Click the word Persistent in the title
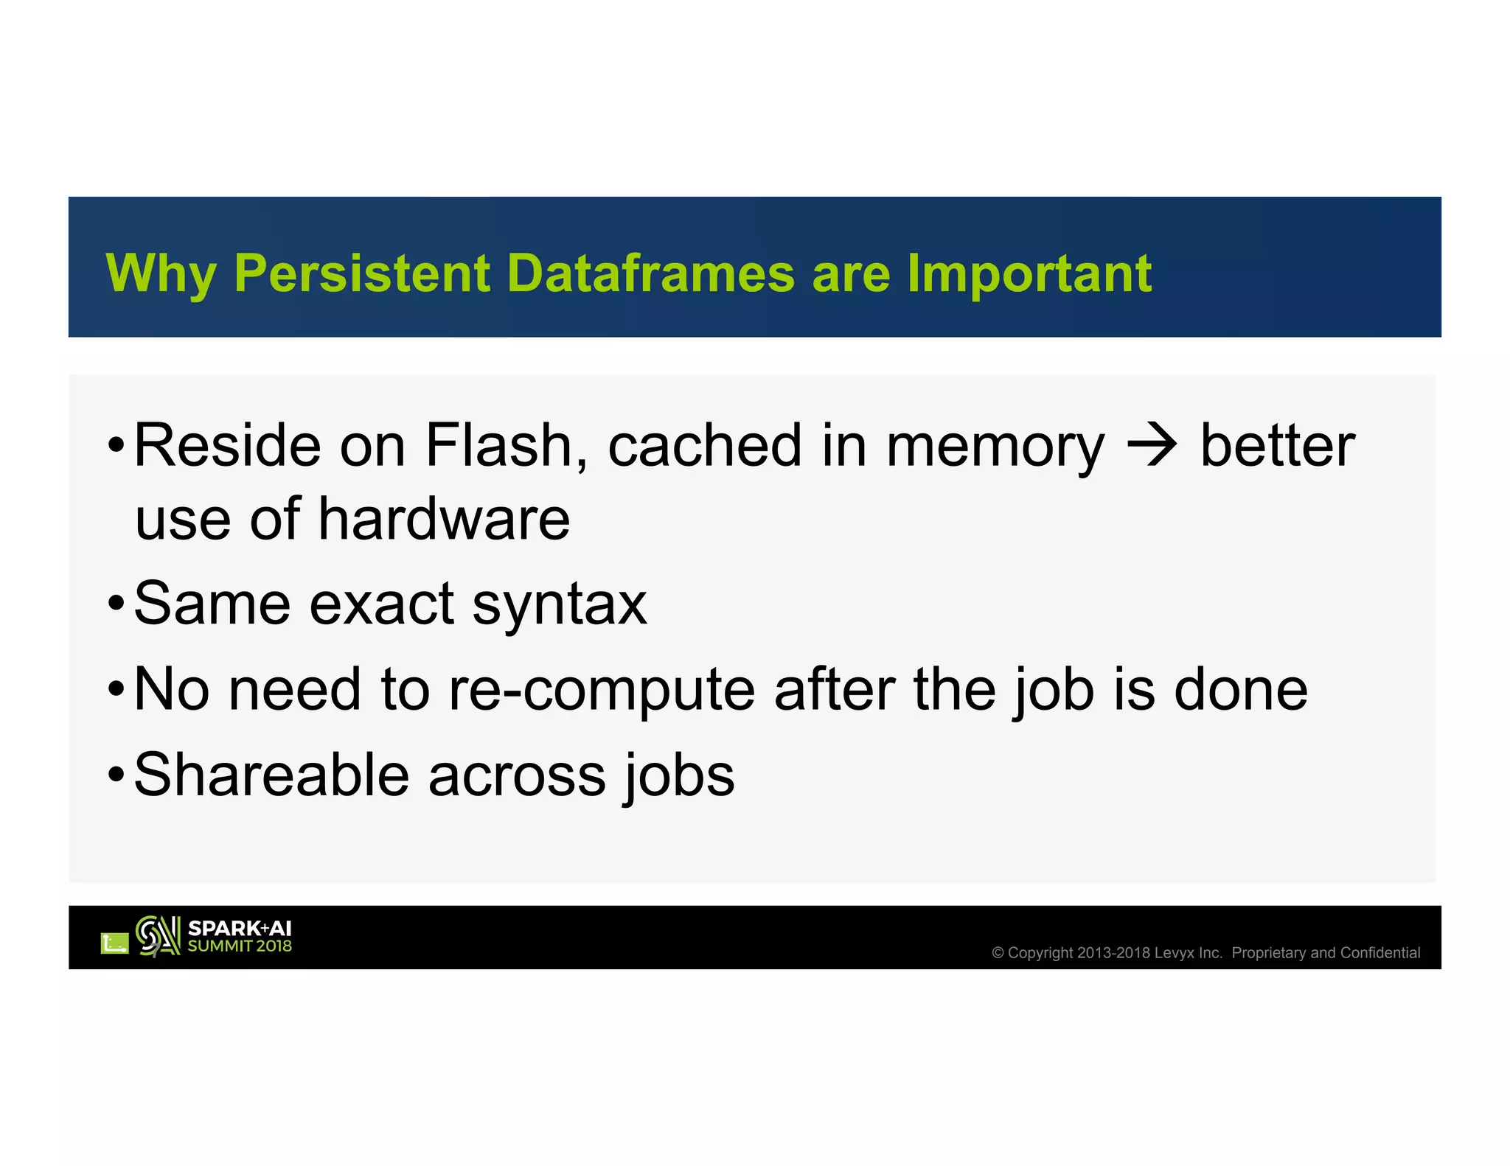point(361,273)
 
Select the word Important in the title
point(1029,273)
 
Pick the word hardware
point(444,520)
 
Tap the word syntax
point(559,605)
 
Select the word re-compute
point(602,690)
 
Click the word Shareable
point(271,775)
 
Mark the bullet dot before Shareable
point(116,776)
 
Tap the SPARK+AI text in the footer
point(240,929)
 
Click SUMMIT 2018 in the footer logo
point(240,946)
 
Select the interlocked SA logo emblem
point(158,936)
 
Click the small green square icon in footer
point(114,943)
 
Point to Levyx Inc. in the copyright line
point(1187,953)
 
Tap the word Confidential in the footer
point(1379,953)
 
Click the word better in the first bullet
point(1277,446)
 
